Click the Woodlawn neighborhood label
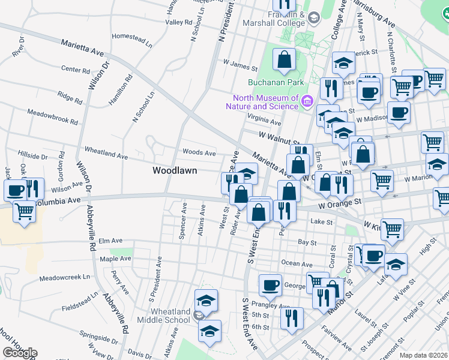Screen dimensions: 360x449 pyautogui.click(x=172, y=171)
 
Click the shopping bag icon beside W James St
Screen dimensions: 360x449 pyautogui.click(x=284, y=60)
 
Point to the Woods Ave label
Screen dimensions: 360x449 pyautogui.click(x=199, y=153)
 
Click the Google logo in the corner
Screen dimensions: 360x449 pyautogui.click(x=20, y=353)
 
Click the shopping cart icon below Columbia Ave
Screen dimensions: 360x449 pyautogui.click(x=23, y=212)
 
